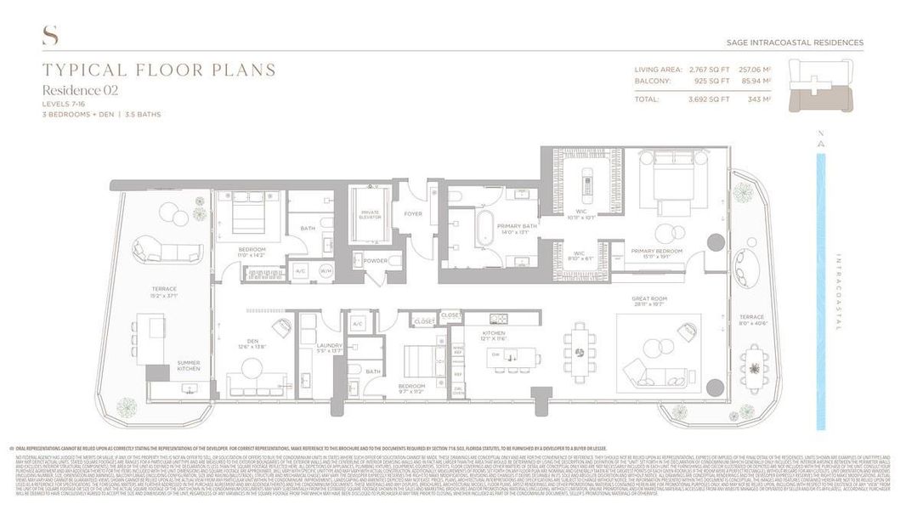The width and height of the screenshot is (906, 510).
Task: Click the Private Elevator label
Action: click(x=370, y=216)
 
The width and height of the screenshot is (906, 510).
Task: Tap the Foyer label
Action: click(x=413, y=213)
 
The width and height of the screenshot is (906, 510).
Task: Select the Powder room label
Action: click(x=375, y=261)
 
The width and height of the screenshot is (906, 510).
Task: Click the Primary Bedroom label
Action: click(x=652, y=252)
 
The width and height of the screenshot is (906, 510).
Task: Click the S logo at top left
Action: click(x=49, y=36)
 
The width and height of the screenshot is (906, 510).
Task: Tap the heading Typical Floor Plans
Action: click(x=159, y=71)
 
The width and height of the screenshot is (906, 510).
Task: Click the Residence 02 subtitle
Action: click(x=81, y=89)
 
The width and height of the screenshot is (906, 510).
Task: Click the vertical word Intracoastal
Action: click(x=836, y=292)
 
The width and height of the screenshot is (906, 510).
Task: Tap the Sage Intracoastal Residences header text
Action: click(x=795, y=42)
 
